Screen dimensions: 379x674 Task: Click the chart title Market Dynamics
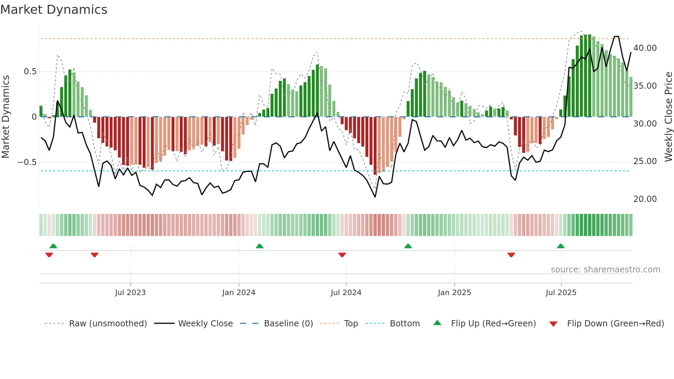click(x=54, y=10)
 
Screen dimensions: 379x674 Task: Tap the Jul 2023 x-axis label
click(x=130, y=293)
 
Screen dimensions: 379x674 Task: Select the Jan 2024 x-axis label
click(x=239, y=293)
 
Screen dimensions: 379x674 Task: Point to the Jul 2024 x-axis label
click(x=346, y=293)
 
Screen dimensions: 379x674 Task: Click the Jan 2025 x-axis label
click(x=454, y=293)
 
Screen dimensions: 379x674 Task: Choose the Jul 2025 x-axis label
click(x=561, y=293)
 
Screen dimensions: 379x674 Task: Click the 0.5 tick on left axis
click(x=30, y=72)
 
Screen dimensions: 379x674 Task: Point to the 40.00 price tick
click(x=645, y=48)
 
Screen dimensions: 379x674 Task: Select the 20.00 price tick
click(x=645, y=199)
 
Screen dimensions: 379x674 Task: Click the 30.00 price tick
click(x=645, y=124)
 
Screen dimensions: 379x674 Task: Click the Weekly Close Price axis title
click(x=668, y=117)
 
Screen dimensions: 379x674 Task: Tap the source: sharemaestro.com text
click(x=605, y=270)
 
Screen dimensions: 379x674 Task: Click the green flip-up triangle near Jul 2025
click(x=561, y=246)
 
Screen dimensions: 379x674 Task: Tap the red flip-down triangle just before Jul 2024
click(x=342, y=255)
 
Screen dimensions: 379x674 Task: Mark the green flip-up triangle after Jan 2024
click(x=260, y=246)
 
